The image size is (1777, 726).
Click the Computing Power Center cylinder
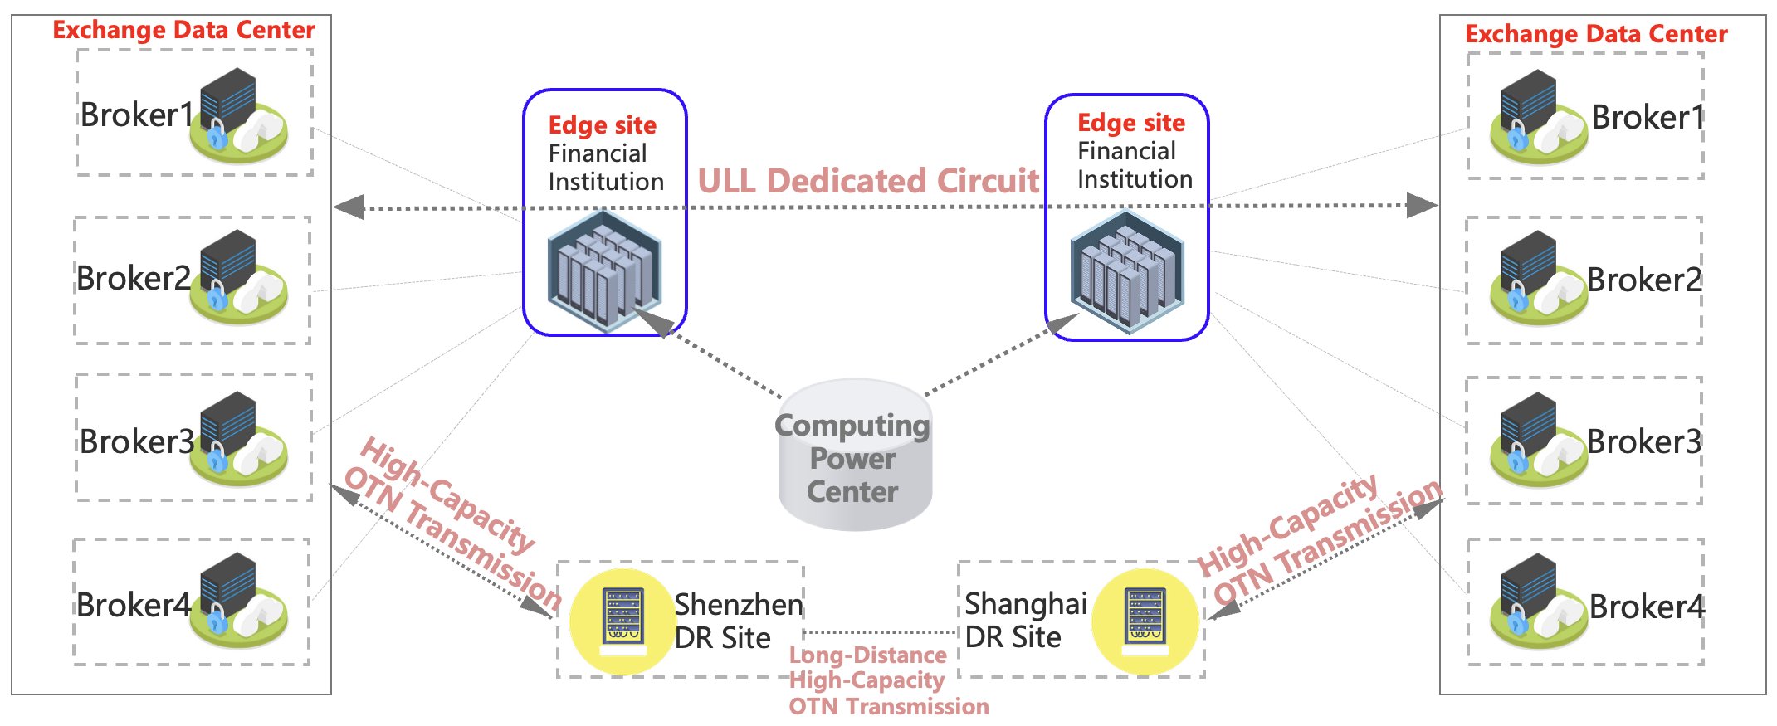point(855,456)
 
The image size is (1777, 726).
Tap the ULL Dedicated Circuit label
point(868,181)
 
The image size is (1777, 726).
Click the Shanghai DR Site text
point(1025,620)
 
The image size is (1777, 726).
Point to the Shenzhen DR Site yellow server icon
point(623,620)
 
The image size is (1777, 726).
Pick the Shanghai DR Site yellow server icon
point(1145,620)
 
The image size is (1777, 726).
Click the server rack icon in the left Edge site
point(604,270)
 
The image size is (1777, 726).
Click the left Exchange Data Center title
point(183,30)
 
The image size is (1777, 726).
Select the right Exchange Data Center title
point(1595,34)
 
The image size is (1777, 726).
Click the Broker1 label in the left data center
point(136,115)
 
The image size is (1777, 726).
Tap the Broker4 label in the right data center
point(1646,607)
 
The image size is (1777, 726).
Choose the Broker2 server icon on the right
point(1538,277)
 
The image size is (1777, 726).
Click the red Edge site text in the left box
point(603,125)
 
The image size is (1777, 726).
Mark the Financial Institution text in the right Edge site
point(1135,165)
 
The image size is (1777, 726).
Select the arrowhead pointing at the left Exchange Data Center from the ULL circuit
point(349,207)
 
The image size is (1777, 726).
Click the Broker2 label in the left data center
point(134,279)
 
